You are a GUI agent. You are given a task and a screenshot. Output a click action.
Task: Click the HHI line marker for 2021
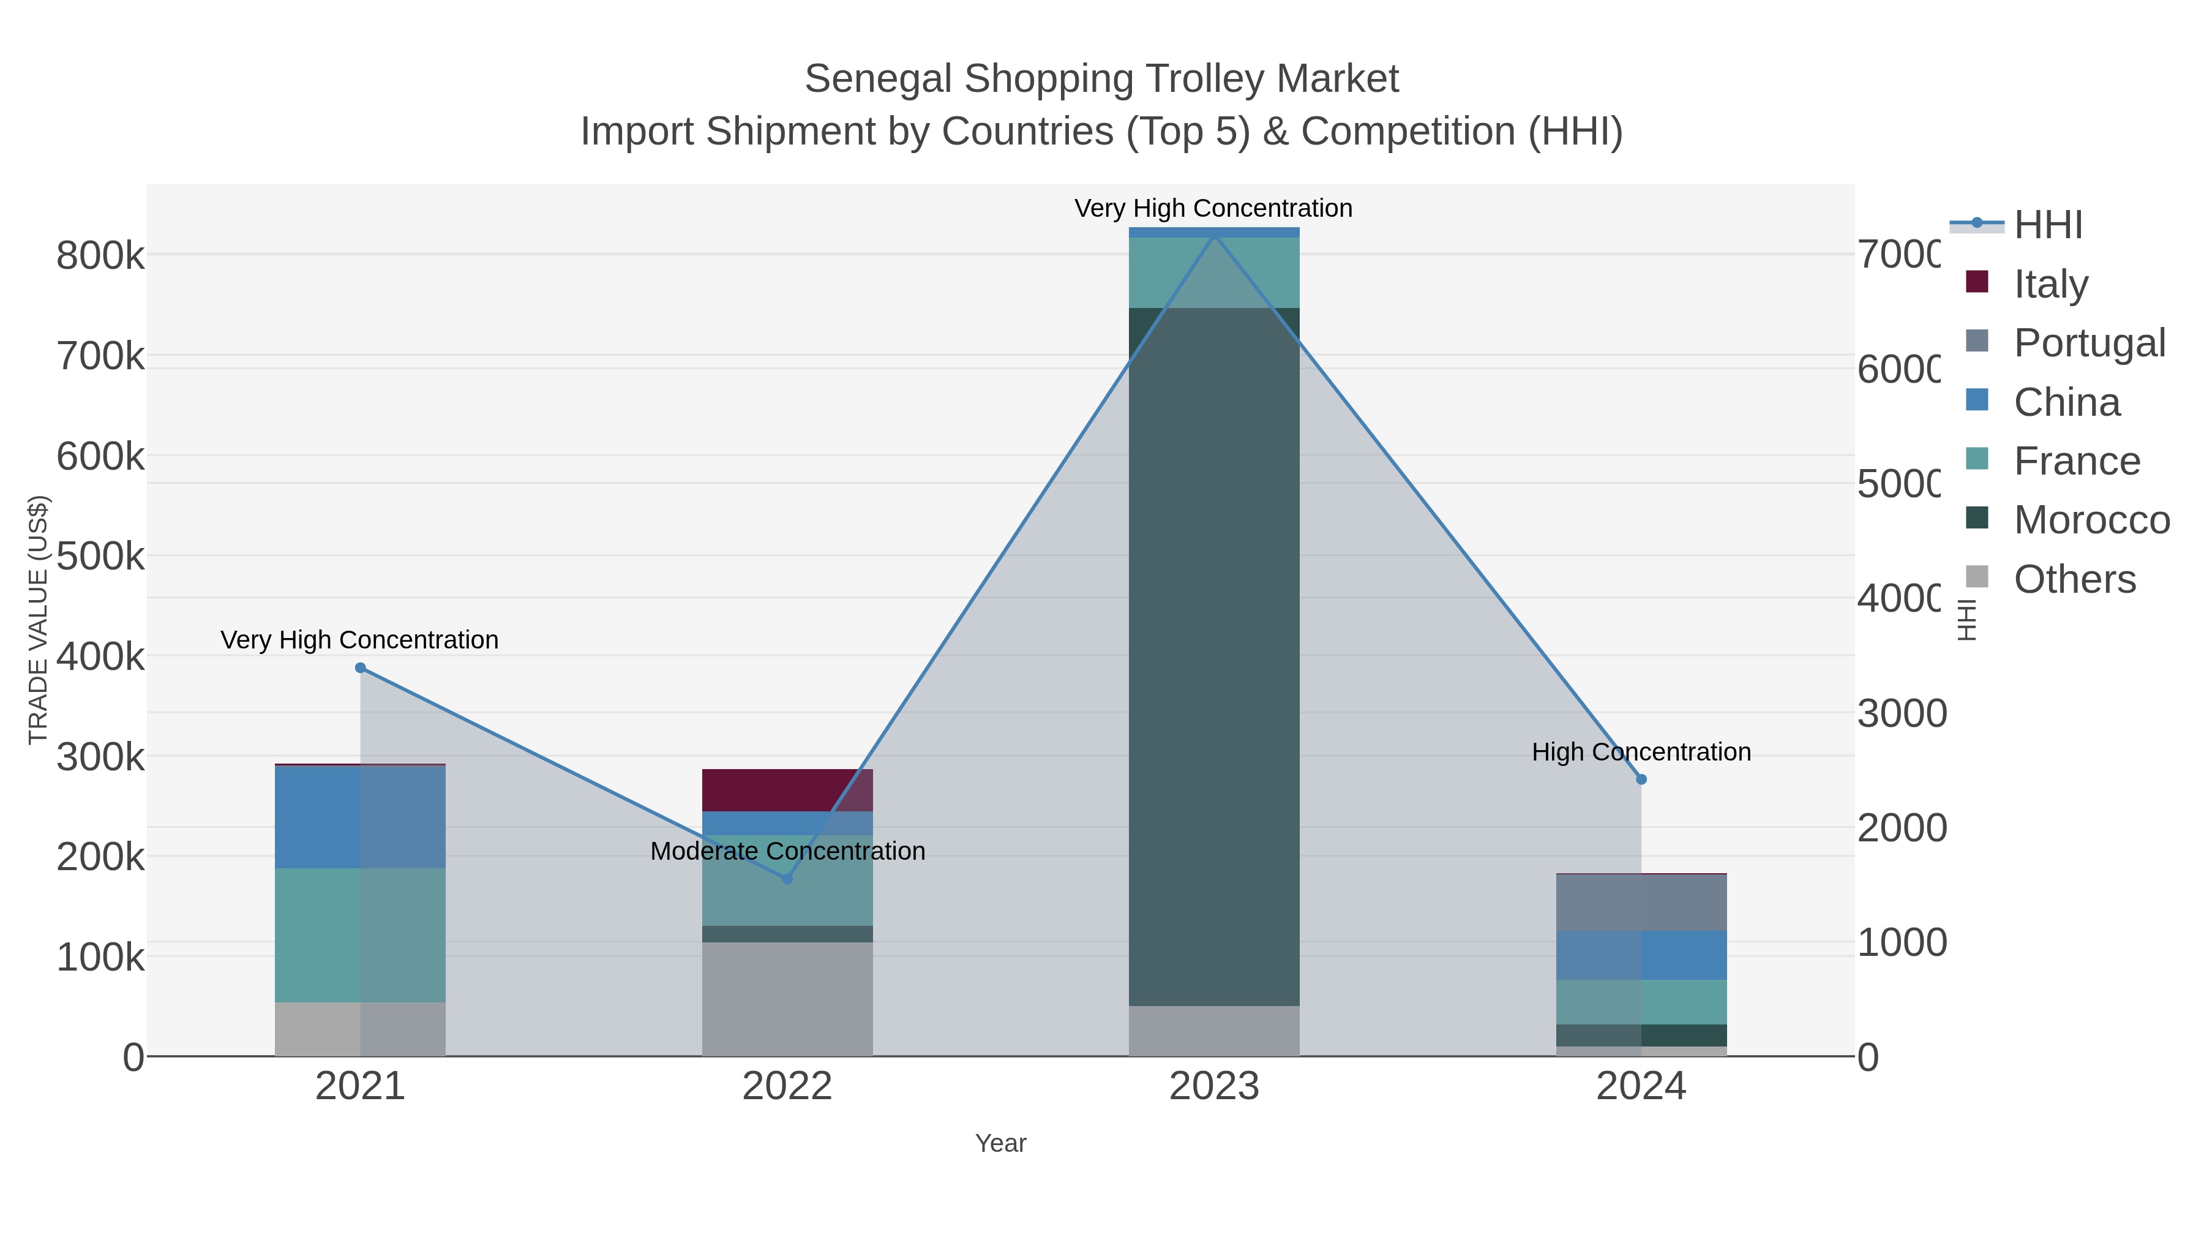click(360, 667)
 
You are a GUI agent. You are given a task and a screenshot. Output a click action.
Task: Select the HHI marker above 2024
click(1641, 779)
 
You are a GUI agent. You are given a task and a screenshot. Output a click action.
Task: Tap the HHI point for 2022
click(787, 878)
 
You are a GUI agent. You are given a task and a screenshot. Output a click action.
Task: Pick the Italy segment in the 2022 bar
click(787, 790)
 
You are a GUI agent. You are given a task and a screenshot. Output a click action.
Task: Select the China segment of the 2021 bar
click(360, 817)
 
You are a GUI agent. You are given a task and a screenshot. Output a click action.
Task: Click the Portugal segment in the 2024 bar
click(1641, 902)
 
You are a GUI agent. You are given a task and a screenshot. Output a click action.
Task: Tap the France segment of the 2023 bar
click(1214, 272)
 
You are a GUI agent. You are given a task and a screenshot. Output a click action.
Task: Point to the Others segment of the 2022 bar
click(787, 999)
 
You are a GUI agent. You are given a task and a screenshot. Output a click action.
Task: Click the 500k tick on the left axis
click(100, 556)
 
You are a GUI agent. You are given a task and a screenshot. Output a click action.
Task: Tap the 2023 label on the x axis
click(1214, 1086)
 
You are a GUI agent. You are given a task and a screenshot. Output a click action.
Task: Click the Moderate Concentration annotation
click(787, 851)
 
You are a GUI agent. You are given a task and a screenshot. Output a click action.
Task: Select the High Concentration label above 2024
click(1641, 751)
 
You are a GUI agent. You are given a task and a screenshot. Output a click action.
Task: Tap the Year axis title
click(1000, 1143)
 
